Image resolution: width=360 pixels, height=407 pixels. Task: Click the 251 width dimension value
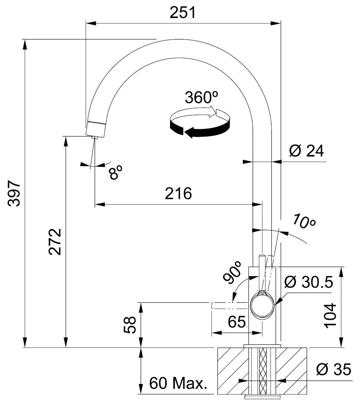(x=183, y=13)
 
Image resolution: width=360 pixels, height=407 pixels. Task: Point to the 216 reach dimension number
(x=178, y=194)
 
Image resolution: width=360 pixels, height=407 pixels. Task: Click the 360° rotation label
(x=199, y=98)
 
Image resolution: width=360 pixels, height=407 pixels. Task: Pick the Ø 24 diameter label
(x=306, y=152)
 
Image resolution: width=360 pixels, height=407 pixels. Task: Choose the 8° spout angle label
(x=115, y=173)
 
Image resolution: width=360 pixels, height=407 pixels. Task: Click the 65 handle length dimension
(x=236, y=322)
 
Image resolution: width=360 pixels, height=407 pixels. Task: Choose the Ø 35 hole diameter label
(x=333, y=370)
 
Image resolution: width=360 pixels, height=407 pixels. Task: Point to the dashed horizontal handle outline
(x=228, y=306)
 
